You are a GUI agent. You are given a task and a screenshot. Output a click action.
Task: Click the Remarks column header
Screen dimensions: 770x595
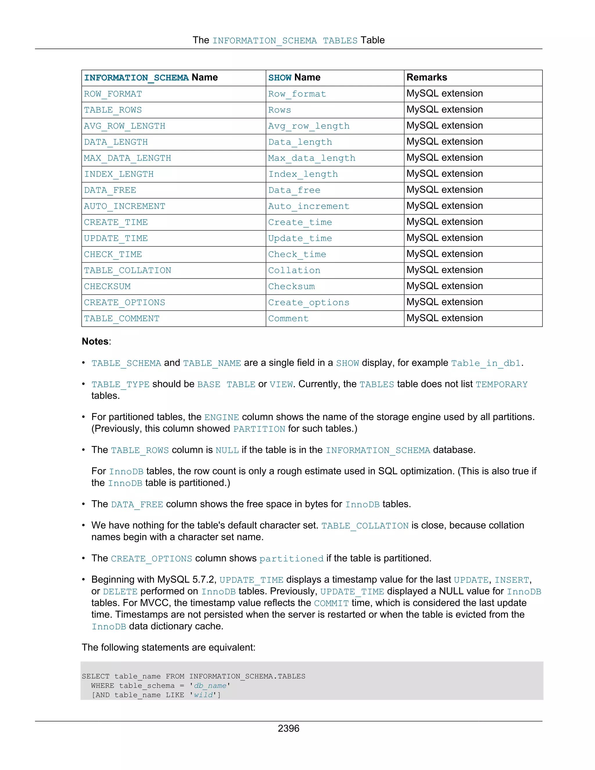(x=426, y=78)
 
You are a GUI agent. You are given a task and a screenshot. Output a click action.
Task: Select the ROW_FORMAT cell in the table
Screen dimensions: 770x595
(x=113, y=94)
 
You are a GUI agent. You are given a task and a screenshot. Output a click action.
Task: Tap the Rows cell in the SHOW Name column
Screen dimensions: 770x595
(x=279, y=110)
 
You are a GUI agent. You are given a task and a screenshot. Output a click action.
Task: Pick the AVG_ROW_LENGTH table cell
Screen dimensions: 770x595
(x=124, y=126)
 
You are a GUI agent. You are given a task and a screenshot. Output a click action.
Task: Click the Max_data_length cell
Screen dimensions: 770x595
(x=312, y=158)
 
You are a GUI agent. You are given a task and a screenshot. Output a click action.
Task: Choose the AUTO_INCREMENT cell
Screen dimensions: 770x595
(x=124, y=206)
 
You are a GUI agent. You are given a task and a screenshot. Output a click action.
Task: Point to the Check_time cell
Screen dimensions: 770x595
(x=297, y=255)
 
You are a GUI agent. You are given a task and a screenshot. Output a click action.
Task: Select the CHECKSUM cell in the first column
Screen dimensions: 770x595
(x=107, y=286)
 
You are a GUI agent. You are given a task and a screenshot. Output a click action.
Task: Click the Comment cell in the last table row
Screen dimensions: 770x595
(x=288, y=319)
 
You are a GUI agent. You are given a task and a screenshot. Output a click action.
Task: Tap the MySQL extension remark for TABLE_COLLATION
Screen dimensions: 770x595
(x=445, y=270)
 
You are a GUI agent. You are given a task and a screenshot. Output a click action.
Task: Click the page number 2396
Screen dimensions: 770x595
(x=288, y=728)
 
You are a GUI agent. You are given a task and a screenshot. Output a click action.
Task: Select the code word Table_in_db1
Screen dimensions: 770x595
(x=486, y=363)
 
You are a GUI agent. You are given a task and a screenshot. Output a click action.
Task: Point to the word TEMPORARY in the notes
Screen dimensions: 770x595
(x=501, y=384)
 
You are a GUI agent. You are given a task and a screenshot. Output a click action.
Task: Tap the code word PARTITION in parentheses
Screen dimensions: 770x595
(x=259, y=429)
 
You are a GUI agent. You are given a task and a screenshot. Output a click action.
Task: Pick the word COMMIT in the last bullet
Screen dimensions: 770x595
(x=331, y=603)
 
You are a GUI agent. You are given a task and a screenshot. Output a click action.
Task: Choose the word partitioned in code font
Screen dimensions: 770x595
(x=291, y=559)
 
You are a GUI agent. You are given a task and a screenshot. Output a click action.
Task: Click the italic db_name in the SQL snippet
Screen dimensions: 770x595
(x=210, y=686)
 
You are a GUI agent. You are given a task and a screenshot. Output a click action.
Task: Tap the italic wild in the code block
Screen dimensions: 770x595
(x=203, y=695)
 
